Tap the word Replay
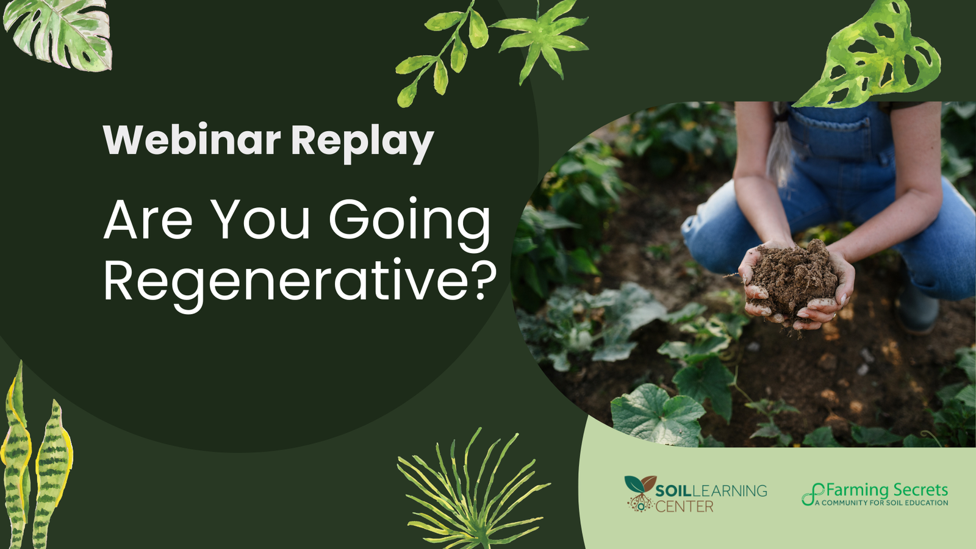pos(362,143)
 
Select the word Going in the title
pos(409,221)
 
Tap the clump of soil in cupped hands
pos(792,278)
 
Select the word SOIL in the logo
pos(673,491)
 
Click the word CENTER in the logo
pos(684,506)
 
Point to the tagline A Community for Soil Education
pos(881,503)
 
